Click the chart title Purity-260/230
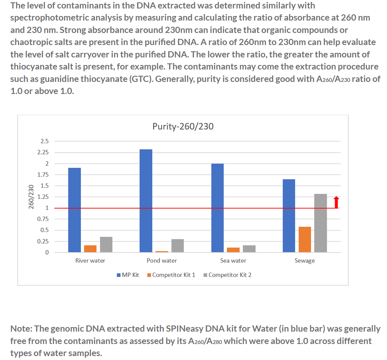(x=183, y=126)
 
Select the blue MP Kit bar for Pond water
(x=146, y=201)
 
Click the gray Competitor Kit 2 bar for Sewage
(x=320, y=223)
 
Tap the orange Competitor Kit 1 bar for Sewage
(x=305, y=239)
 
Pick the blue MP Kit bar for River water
(x=74, y=210)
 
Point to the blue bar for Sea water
(x=217, y=208)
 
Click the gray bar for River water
(x=106, y=244)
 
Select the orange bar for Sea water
(x=233, y=250)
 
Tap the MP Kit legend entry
(x=128, y=275)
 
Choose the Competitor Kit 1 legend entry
(x=171, y=275)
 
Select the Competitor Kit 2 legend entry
(x=227, y=275)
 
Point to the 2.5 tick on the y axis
(x=44, y=141)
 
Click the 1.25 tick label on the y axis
(x=43, y=197)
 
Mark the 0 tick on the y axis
(x=47, y=252)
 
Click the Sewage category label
(x=305, y=260)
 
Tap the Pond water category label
(x=162, y=260)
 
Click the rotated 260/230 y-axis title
(x=31, y=196)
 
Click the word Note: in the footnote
(x=22, y=329)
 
